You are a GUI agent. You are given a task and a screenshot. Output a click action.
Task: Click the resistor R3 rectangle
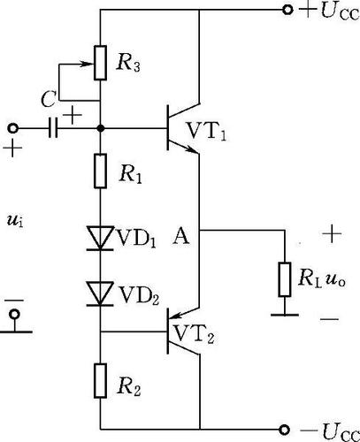coord(100,63)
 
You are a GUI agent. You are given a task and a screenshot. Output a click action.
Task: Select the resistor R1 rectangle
coord(100,171)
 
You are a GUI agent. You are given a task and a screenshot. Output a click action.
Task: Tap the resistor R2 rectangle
coord(100,381)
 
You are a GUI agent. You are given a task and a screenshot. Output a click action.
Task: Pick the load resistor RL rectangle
coord(285,279)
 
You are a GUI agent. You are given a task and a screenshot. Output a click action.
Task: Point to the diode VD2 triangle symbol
coord(100,293)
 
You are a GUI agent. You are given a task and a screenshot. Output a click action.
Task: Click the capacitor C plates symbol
coord(53,128)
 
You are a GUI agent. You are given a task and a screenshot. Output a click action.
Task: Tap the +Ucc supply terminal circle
coord(287,10)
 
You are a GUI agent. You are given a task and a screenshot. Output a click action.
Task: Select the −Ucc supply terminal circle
coord(285,430)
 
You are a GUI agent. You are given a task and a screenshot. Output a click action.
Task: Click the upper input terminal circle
coord(12,128)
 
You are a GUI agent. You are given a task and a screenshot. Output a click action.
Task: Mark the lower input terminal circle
coord(14,314)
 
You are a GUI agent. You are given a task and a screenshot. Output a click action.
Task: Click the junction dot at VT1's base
coord(101,128)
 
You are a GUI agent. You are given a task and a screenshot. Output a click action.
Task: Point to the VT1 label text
coord(207,132)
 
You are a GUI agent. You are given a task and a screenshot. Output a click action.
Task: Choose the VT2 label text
coord(194,335)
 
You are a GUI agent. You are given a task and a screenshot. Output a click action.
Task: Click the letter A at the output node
coord(180,237)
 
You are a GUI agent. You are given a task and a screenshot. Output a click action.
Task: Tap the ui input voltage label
coord(15,220)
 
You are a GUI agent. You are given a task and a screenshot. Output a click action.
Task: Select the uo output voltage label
coord(335,280)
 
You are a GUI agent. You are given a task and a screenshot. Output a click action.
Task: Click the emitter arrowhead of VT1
coord(193,149)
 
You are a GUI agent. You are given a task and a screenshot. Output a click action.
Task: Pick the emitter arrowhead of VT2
coord(176,316)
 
